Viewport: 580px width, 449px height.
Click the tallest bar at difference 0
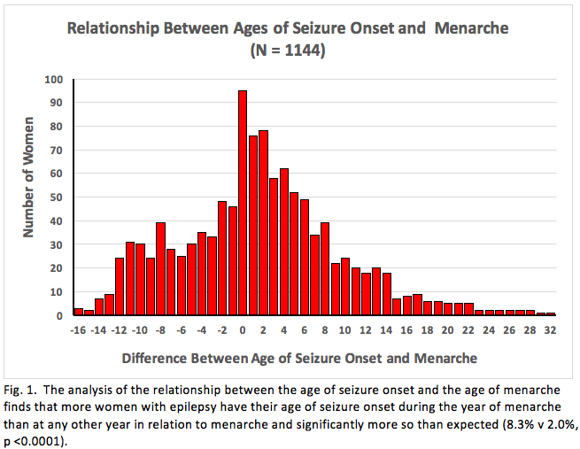[243, 203]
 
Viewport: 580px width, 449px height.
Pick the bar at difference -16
[78, 312]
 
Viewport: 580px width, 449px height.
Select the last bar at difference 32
[551, 314]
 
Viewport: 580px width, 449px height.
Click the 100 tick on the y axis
[55, 80]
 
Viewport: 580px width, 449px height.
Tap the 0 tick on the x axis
[243, 329]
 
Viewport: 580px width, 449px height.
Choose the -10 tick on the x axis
[139, 329]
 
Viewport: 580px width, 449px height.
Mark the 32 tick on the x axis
[551, 329]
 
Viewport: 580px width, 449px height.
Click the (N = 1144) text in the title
[289, 50]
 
